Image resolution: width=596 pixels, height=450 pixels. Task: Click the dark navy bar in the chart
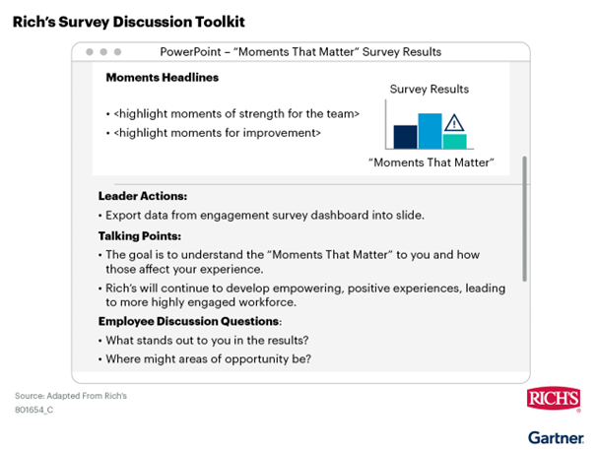[405, 137]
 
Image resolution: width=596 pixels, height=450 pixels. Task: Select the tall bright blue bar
[430, 131]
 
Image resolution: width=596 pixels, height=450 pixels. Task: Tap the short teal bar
[454, 142]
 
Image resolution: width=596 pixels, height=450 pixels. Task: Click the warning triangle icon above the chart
[454, 123]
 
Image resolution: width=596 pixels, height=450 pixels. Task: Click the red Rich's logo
[554, 399]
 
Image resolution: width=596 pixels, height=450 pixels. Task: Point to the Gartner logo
[556, 437]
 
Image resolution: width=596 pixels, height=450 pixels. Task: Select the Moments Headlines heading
[163, 78]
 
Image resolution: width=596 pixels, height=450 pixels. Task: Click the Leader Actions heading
[143, 196]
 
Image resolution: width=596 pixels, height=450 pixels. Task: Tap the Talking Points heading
[140, 236]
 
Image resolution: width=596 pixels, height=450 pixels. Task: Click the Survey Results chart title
[430, 90]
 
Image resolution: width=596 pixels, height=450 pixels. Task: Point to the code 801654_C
[34, 410]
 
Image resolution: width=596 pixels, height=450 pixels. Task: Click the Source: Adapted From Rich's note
[71, 396]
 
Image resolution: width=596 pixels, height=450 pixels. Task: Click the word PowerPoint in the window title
[190, 51]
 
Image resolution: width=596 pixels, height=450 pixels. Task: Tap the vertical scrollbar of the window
[524, 219]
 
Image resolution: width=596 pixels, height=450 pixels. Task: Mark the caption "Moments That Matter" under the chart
[431, 162]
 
